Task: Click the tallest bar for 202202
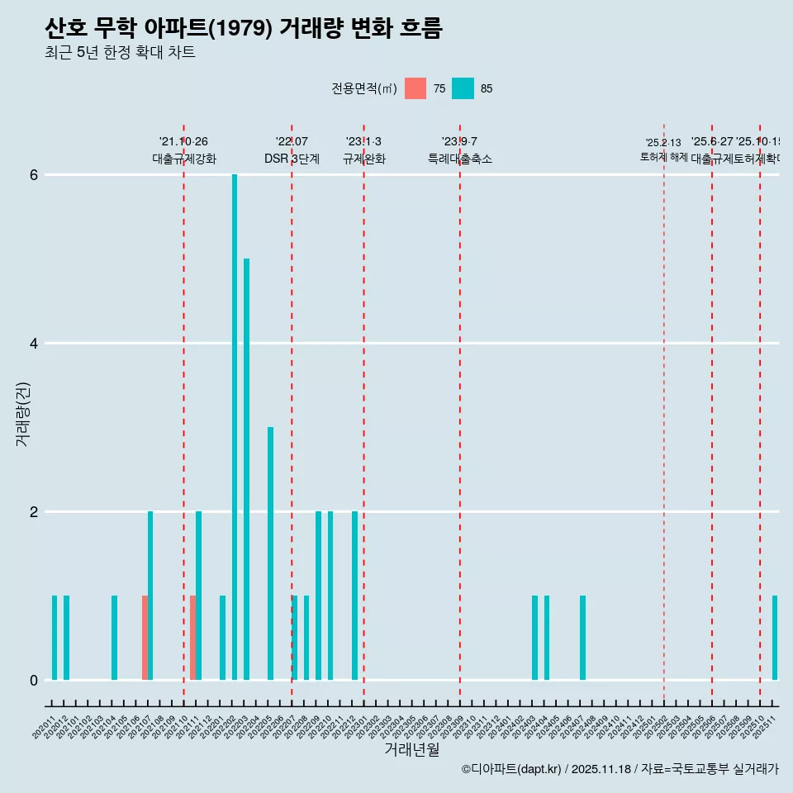tap(235, 427)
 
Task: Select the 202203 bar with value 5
tap(246, 469)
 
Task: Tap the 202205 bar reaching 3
tap(270, 553)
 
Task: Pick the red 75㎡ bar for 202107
tap(145, 638)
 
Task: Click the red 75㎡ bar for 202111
tap(192, 638)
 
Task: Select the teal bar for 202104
tap(114, 638)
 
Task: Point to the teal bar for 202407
tap(582, 638)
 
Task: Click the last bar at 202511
tap(775, 638)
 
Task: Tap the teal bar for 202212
tap(354, 596)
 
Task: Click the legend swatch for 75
tap(415, 88)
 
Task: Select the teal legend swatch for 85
tap(463, 88)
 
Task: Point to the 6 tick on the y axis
tap(34, 175)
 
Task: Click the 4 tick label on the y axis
tap(34, 344)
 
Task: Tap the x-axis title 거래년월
tap(411, 749)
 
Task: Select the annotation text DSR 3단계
tap(292, 159)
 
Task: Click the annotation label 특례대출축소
tap(459, 159)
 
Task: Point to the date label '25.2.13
tap(663, 143)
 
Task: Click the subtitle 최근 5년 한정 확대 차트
tap(120, 53)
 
